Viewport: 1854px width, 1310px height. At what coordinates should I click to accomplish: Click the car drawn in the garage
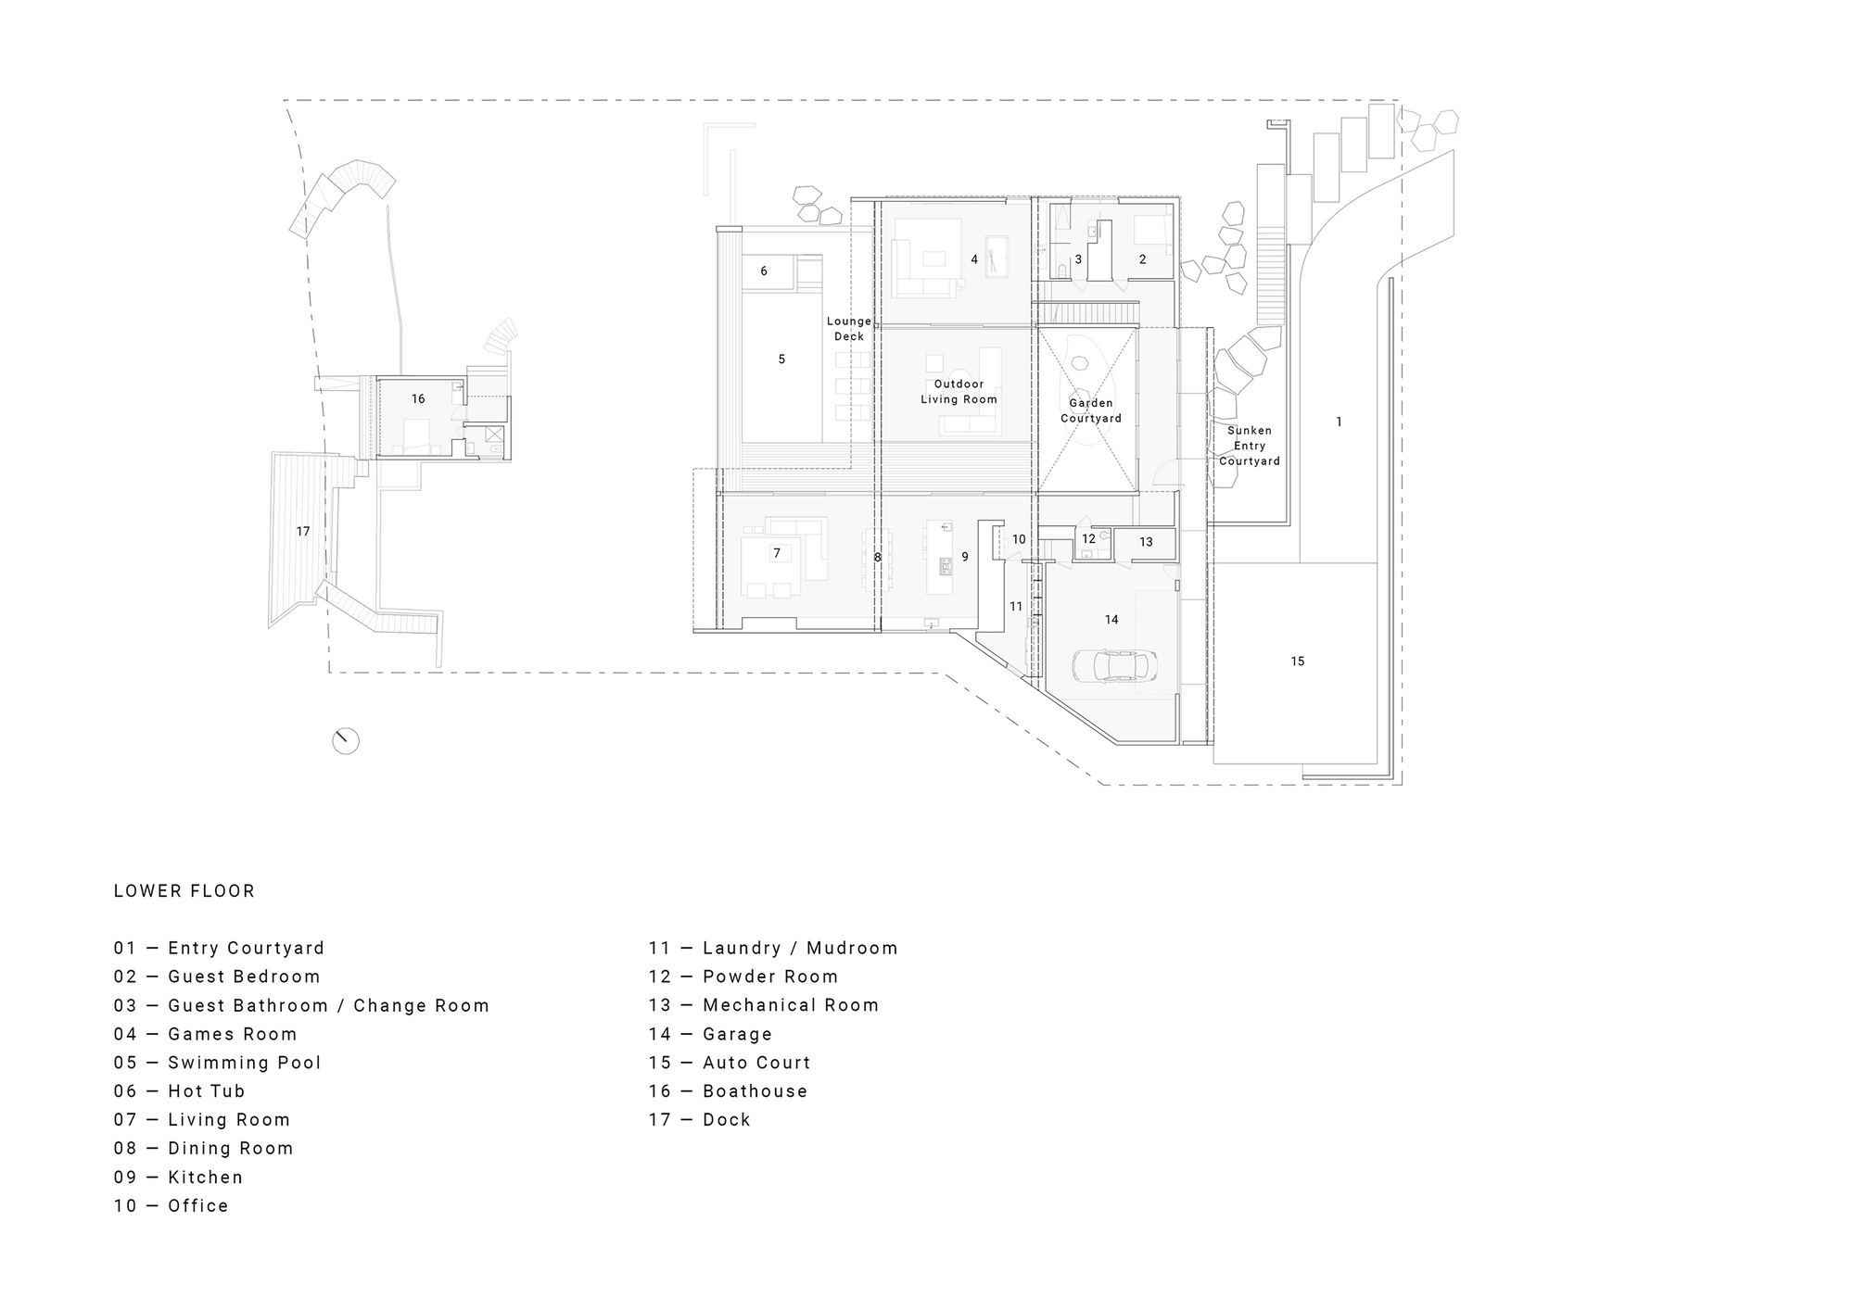pos(1116,666)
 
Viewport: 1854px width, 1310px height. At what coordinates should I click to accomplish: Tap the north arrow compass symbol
pos(346,740)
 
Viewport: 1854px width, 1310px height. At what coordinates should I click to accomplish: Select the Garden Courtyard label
pos(1091,410)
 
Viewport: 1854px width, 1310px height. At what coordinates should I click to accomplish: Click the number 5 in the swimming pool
pos(781,359)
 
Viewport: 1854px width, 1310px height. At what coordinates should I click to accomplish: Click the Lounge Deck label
pos(848,329)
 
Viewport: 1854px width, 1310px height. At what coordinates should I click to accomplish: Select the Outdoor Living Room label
pos(959,392)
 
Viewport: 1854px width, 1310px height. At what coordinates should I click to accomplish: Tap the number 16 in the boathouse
pos(418,399)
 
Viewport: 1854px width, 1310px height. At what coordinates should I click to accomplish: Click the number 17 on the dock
pos(303,532)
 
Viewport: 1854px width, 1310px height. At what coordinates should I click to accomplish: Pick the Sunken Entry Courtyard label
pos(1249,446)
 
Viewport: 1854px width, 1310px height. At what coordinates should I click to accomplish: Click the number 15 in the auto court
pos(1297,661)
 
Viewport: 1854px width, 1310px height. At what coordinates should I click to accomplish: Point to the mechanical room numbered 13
pos(1146,542)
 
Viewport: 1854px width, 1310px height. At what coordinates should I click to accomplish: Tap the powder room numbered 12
pos(1088,539)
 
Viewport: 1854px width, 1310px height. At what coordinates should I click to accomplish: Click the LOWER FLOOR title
pos(184,891)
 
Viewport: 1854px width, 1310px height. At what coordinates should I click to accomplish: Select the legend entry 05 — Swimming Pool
pos(218,1063)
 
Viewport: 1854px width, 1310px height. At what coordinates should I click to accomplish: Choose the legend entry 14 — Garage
pos(710,1034)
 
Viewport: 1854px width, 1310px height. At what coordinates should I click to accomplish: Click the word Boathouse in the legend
pos(755,1091)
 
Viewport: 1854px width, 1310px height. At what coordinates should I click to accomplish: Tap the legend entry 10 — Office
pos(171,1206)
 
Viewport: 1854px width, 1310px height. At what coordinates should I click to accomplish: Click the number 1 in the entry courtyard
pos(1339,422)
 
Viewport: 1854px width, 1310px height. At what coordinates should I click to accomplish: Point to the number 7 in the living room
pos(777,554)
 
